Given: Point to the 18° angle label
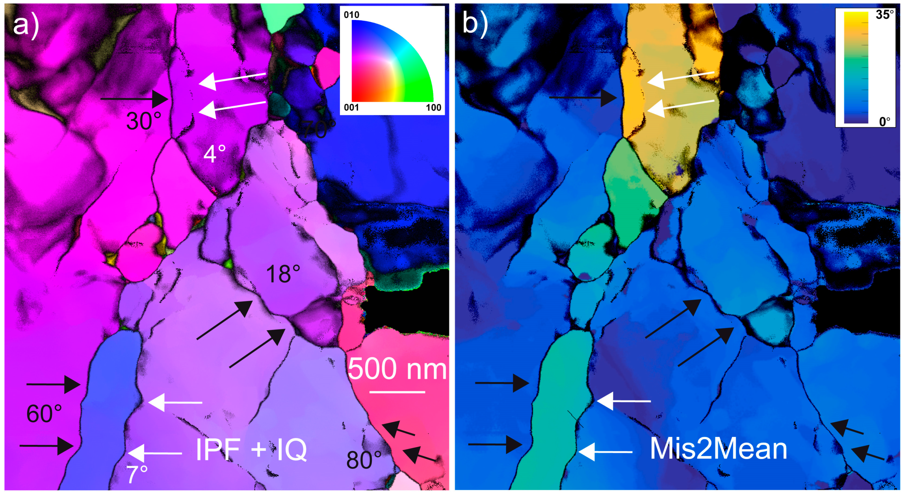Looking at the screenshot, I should [283, 274].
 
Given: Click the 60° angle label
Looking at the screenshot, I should [44, 414].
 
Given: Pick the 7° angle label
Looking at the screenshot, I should [137, 475].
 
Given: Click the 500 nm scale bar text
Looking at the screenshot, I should [397, 369].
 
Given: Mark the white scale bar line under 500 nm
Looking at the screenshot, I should [397, 392].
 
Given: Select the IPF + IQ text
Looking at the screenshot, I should [251, 449].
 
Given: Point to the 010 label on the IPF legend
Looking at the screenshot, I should [351, 15].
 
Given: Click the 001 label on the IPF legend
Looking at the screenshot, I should [351, 107].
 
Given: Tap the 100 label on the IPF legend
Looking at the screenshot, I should [433, 107].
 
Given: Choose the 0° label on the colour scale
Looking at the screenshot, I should [885, 122].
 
